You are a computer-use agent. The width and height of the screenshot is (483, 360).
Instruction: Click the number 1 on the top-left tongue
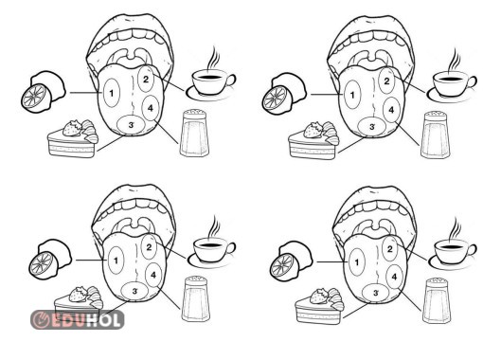[x=112, y=93]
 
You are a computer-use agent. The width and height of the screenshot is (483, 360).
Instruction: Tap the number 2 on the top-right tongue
[x=387, y=81]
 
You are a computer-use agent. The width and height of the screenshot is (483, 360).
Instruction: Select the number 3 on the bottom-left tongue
[x=134, y=291]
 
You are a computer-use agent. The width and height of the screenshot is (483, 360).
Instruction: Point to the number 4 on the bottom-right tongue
[x=394, y=277]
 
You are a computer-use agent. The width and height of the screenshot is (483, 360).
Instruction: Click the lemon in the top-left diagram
[x=43, y=91]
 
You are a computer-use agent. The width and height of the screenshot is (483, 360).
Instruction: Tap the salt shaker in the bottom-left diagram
[x=196, y=298]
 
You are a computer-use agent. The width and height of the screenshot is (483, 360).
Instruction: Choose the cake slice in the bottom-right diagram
[x=319, y=305]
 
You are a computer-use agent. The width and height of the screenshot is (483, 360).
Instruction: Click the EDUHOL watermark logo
[x=78, y=319]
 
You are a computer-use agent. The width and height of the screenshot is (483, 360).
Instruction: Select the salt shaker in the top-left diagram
[x=194, y=133]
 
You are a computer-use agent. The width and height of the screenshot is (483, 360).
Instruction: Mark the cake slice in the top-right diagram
[x=314, y=140]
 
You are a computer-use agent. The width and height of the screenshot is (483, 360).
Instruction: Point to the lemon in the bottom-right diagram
[x=291, y=261]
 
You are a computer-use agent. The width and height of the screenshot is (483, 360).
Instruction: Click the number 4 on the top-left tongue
[x=150, y=108]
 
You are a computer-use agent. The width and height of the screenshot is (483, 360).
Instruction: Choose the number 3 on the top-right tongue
[x=372, y=127]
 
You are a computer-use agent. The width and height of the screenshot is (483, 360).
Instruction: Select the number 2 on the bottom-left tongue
[x=149, y=247]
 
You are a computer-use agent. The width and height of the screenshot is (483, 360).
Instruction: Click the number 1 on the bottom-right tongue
[x=357, y=262]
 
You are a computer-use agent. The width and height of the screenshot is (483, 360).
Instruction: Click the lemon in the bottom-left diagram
[x=50, y=260]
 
